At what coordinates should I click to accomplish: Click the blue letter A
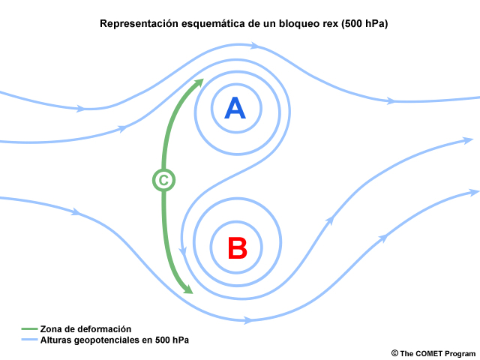click(x=235, y=108)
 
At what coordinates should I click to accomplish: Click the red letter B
click(x=237, y=248)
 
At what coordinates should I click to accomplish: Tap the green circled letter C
click(x=163, y=180)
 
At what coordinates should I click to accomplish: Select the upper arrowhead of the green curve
click(x=198, y=82)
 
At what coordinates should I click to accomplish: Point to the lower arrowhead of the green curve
click(x=187, y=289)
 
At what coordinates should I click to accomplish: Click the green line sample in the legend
click(x=29, y=329)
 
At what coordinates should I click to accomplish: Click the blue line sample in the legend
click(x=29, y=340)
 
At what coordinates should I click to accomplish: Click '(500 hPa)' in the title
click(x=364, y=23)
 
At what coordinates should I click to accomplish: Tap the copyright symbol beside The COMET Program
click(x=394, y=353)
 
